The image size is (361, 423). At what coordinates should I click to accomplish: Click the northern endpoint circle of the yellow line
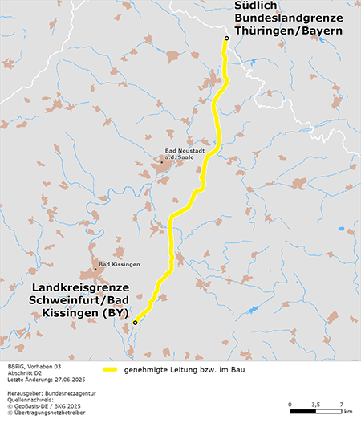click(226, 39)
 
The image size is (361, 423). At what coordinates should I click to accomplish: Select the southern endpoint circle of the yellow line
click(135, 322)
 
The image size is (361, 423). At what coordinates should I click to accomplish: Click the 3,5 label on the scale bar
click(315, 404)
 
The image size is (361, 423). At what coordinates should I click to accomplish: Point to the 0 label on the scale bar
click(289, 404)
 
